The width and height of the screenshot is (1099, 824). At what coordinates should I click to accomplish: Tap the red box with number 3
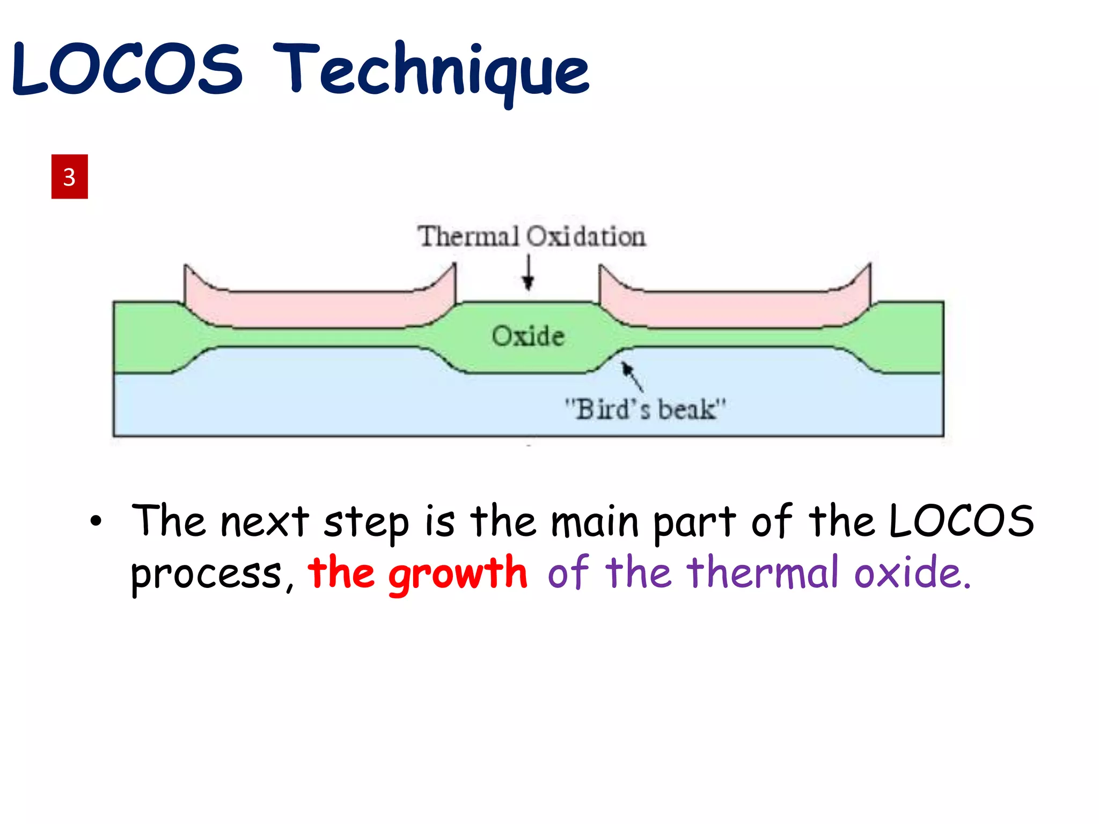(x=69, y=176)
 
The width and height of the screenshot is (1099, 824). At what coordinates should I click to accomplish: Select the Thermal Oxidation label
(x=531, y=237)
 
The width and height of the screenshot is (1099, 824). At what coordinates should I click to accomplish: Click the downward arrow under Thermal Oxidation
(x=529, y=274)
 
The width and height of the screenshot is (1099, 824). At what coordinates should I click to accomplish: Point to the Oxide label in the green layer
(x=528, y=336)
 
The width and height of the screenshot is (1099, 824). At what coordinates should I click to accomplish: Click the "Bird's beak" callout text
(x=645, y=409)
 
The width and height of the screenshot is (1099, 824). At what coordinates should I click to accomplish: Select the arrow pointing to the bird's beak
(x=632, y=376)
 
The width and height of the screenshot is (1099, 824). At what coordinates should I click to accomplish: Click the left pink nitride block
(x=320, y=309)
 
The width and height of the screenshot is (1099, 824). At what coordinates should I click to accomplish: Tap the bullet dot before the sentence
(x=96, y=521)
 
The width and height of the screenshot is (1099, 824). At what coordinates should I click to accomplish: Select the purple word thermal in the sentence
(x=763, y=572)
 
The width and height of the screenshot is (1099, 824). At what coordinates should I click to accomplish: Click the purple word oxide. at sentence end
(x=912, y=572)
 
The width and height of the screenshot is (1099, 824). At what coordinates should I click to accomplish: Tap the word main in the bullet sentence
(x=595, y=523)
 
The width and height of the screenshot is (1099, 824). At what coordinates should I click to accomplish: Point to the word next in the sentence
(x=265, y=521)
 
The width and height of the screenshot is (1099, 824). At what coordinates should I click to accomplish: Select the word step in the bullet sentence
(x=366, y=523)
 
